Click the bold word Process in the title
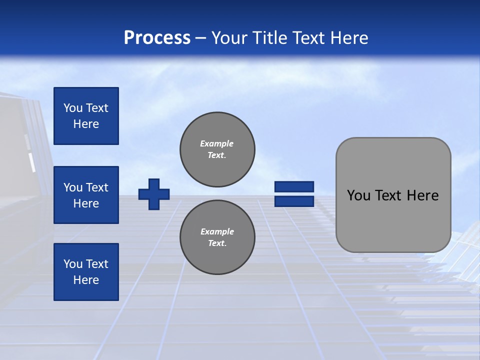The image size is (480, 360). pyautogui.click(x=157, y=38)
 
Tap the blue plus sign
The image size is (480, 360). pyautogui.click(x=154, y=194)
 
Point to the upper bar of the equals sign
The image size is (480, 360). pyautogui.click(x=294, y=187)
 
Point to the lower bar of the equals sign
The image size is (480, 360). pyautogui.click(x=294, y=201)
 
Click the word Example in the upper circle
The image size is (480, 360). pyautogui.click(x=217, y=143)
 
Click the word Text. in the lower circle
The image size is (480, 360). pyautogui.click(x=217, y=243)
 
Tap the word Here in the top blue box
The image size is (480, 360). pyautogui.click(x=86, y=124)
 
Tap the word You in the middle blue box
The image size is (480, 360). pyautogui.click(x=72, y=187)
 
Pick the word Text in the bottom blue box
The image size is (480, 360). pyautogui.click(x=96, y=264)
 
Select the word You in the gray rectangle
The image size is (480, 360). pyautogui.click(x=358, y=195)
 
